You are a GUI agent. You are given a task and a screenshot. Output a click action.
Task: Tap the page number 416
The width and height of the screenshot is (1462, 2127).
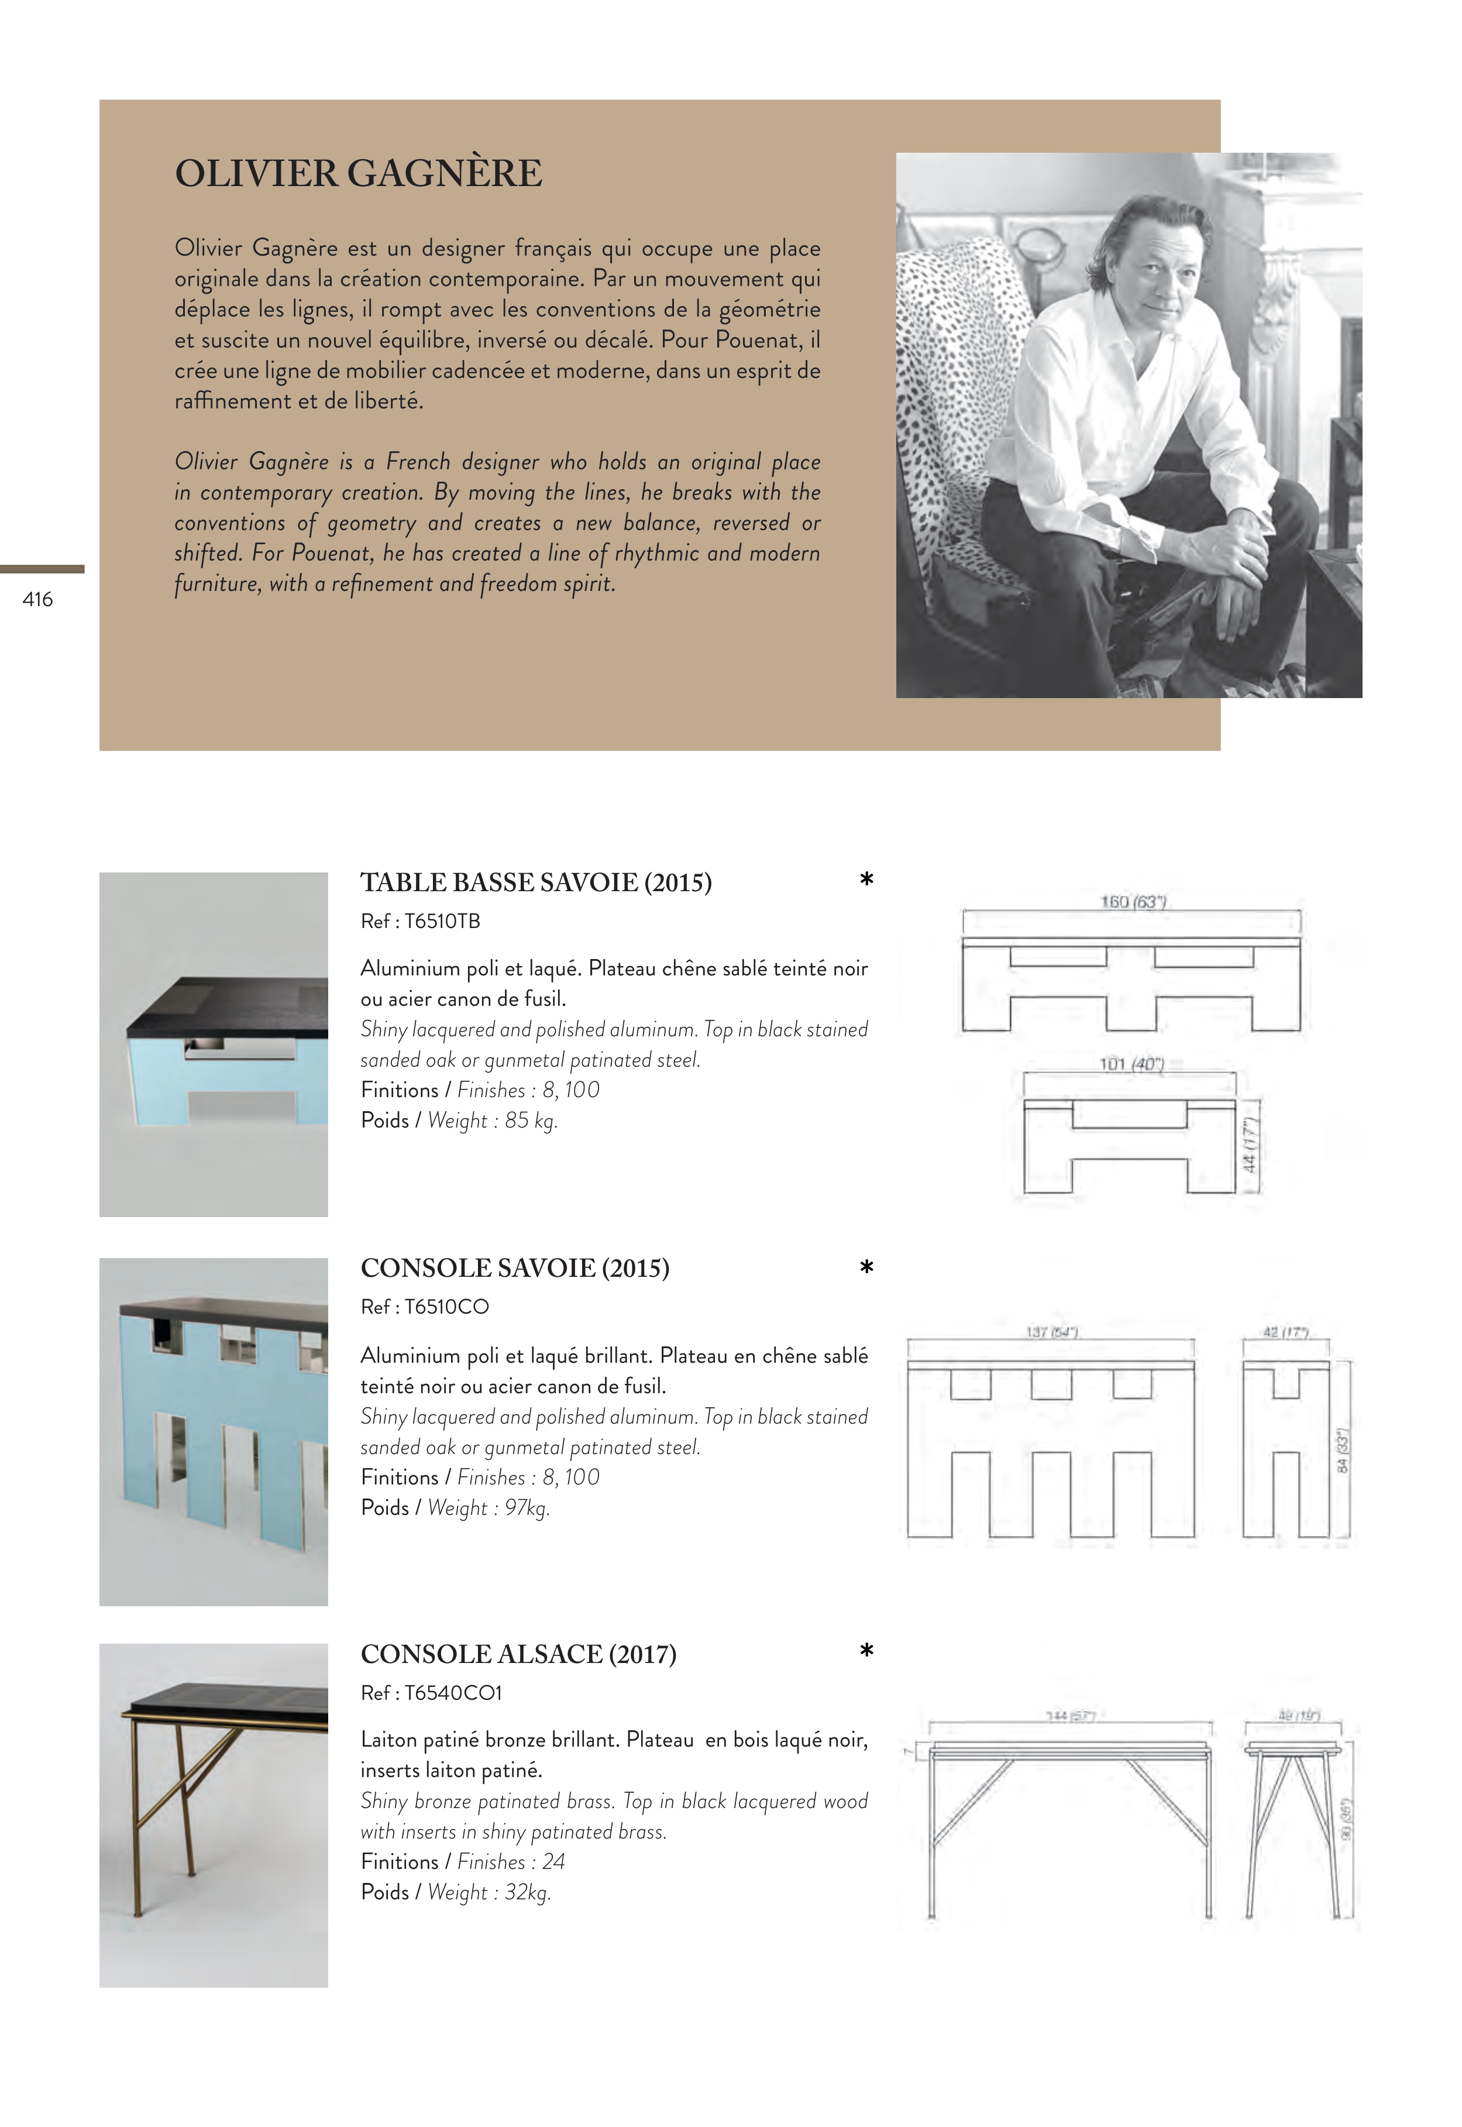[x=37, y=599]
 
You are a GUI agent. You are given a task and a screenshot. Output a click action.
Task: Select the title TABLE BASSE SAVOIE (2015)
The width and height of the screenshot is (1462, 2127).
[x=536, y=882]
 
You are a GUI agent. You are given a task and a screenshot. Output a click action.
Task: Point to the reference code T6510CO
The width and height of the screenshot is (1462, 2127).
[x=446, y=1307]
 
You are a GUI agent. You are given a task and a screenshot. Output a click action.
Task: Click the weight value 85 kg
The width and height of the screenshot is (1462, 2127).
[x=531, y=1121]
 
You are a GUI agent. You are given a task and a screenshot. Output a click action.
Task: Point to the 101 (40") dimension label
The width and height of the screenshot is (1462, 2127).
[x=1131, y=1064]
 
